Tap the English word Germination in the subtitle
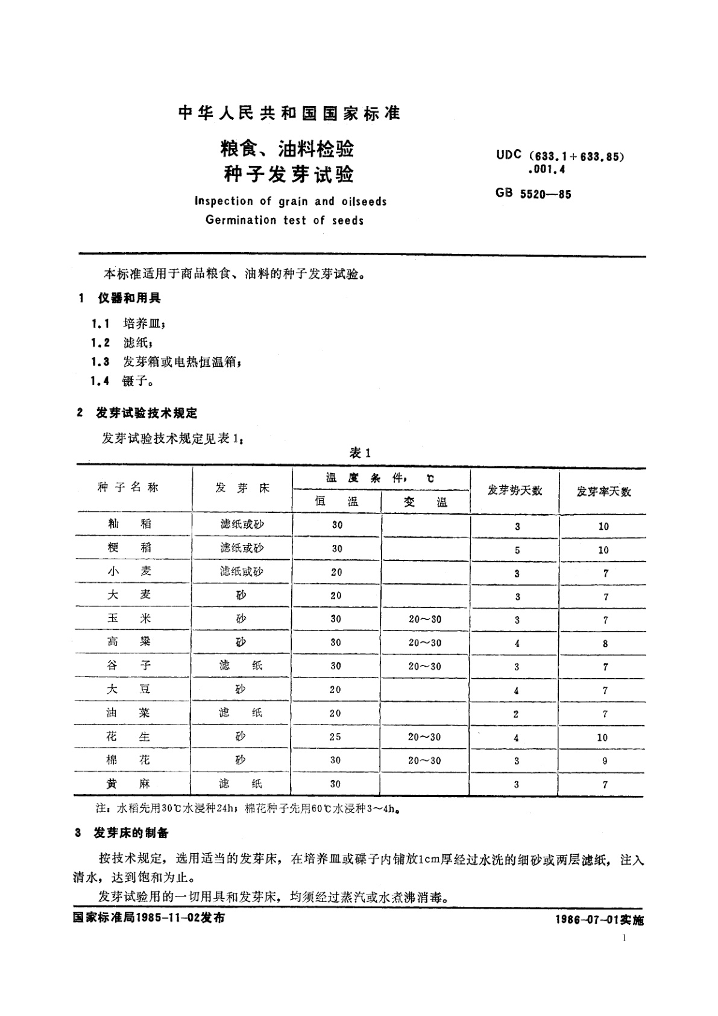click(241, 220)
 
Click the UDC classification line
click(560, 156)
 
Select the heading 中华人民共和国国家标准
click(290, 113)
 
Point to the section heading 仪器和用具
click(129, 298)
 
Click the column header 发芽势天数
click(514, 491)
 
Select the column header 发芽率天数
click(603, 492)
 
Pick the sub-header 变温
click(425, 502)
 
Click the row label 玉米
click(128, 618)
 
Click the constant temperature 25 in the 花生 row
click(335, 737)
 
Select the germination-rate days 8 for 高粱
click(605, 643)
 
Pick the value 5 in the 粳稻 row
click(517, 550)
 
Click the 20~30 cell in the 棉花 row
click(424, 760)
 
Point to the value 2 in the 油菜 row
click(516, 714)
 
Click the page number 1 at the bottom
click(624, 938)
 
